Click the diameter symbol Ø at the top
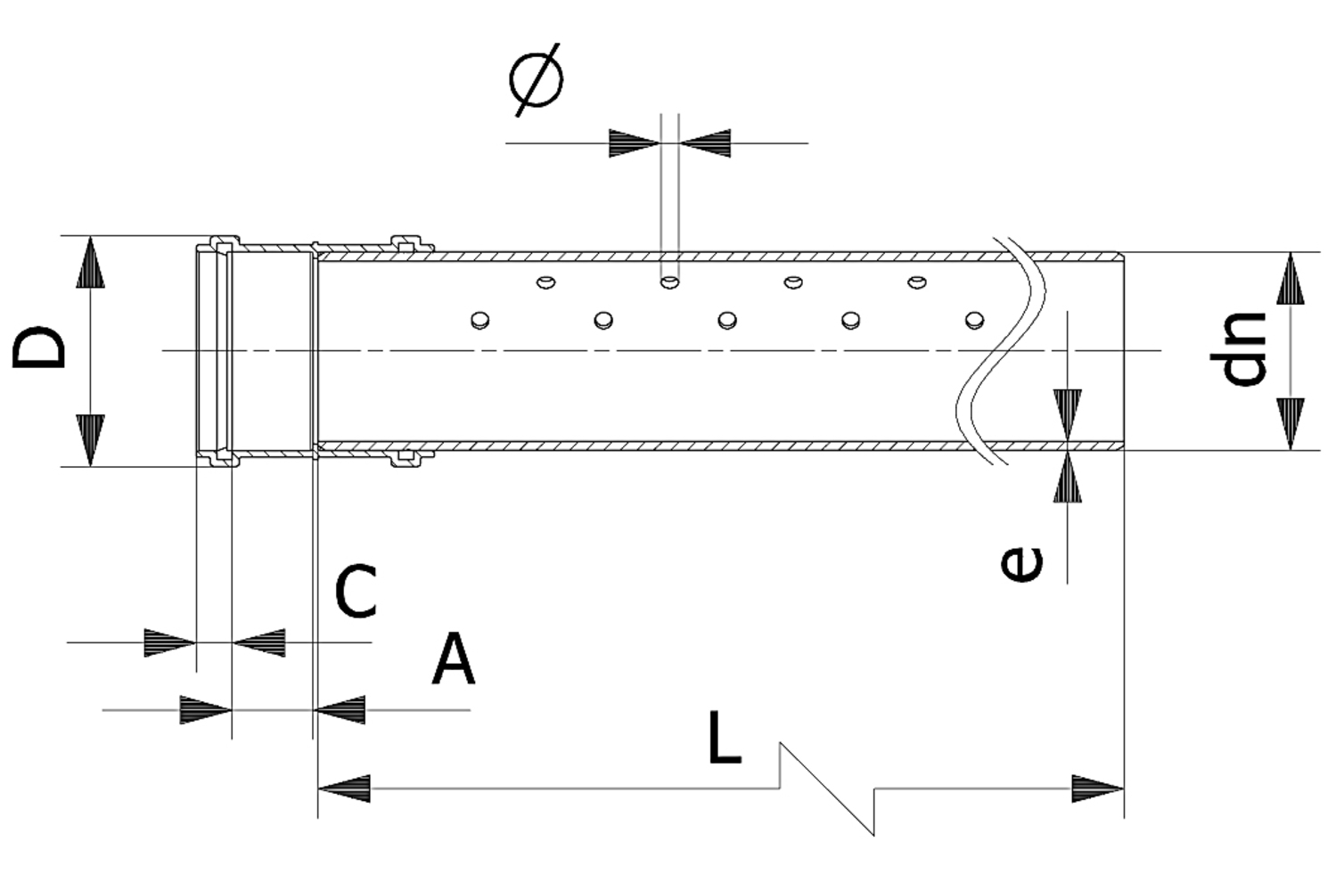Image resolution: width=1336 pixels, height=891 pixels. (536, 79)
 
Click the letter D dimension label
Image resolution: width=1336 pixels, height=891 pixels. (40, 347)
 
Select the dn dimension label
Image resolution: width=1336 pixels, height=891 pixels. (1243, 349)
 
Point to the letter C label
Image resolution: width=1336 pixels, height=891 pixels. (356, 592)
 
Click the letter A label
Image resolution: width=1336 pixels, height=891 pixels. (453, 660)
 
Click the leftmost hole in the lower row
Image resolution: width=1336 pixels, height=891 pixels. (479, 319)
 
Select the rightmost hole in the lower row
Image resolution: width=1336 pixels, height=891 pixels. (975, 319)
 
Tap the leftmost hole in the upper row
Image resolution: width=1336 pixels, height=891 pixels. (545, 282)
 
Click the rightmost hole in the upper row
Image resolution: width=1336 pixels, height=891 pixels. (916, 282)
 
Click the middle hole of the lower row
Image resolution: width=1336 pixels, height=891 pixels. (727, 319)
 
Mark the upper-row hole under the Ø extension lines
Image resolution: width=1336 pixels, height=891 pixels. (669, 282)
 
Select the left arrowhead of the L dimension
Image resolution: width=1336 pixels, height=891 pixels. (344, 789)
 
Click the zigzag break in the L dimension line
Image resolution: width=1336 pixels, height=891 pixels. (827, 789)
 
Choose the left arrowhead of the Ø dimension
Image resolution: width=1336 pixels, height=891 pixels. (634, 143)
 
